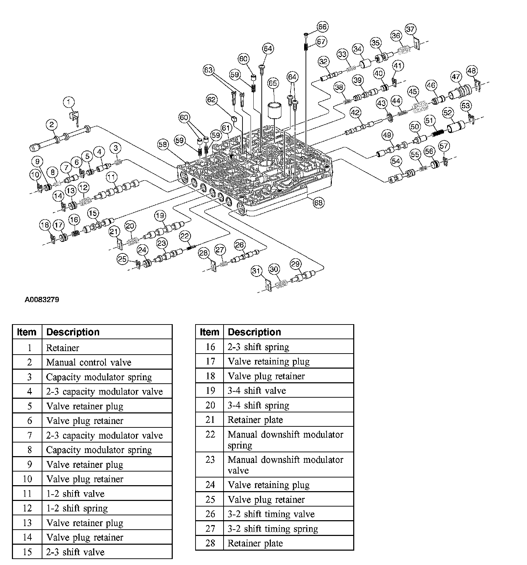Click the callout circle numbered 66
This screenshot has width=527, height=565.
point(322,27)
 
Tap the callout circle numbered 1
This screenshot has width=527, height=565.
point(69,102)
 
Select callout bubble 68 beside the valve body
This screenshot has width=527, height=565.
point(318,202)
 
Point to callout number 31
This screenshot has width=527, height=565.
point(256,271)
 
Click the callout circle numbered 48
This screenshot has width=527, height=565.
point(472,71)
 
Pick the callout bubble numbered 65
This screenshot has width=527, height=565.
point(273,83)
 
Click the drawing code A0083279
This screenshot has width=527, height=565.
point(42,300)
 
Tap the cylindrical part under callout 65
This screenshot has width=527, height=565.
point(275,111)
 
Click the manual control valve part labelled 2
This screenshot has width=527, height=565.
point(60,141)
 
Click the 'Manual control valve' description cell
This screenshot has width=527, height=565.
point(89,362)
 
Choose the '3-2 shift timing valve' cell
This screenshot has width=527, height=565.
point(271,514)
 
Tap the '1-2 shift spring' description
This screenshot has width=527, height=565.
point(77,508)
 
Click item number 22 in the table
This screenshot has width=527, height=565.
point(210,434)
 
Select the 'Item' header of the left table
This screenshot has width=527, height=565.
point(27,332)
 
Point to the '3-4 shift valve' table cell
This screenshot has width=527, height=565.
point(257,391)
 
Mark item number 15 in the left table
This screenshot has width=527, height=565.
point(27,552)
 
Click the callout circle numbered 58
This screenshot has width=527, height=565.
point(163,145)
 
